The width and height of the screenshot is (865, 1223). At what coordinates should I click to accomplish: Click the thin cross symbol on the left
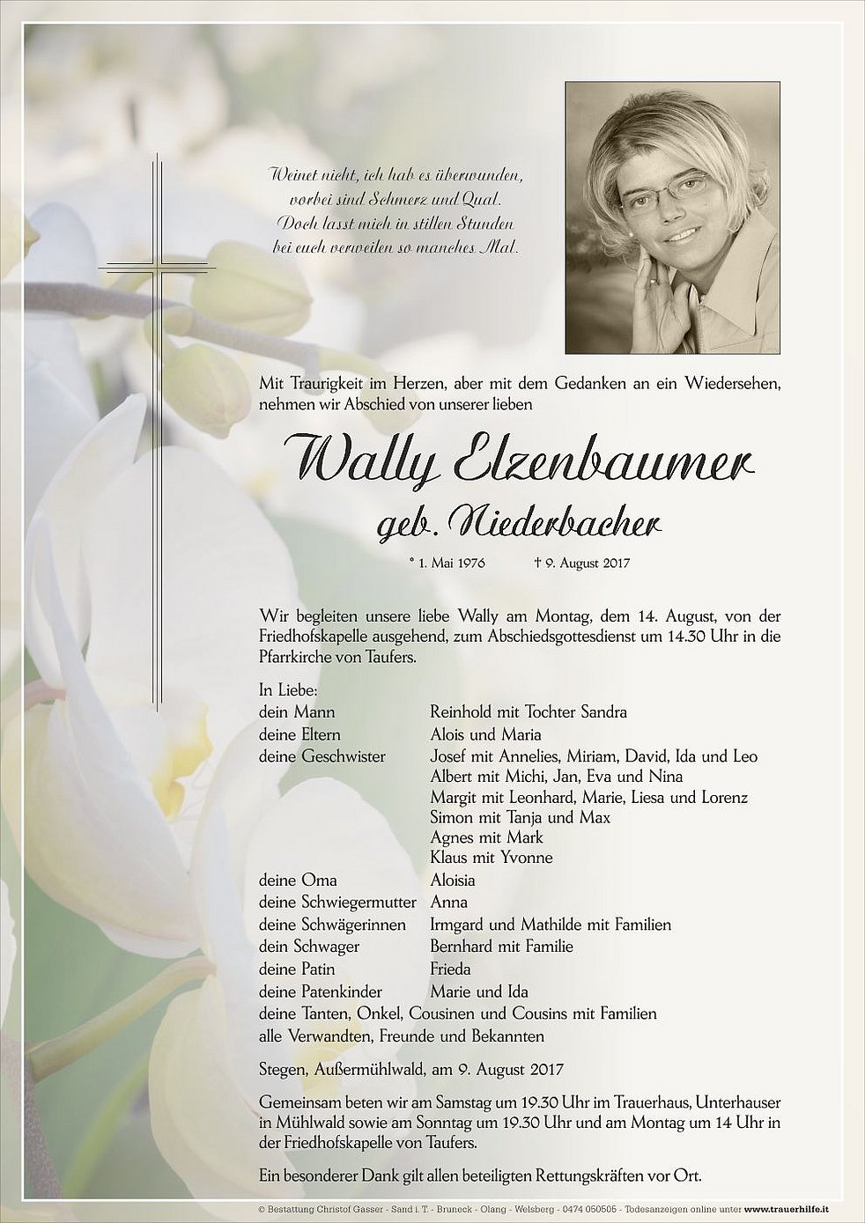coord(159,264)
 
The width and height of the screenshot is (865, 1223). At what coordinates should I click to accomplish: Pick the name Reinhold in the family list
coord(460,712)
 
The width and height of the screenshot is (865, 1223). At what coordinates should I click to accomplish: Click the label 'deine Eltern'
coord(299,734)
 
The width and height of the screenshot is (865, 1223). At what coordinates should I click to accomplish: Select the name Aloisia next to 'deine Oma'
coord(453,880)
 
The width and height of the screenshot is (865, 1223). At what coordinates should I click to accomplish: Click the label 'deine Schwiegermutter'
coord(331,903)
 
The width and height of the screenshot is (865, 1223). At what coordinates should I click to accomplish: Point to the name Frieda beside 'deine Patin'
coord(450,969)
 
